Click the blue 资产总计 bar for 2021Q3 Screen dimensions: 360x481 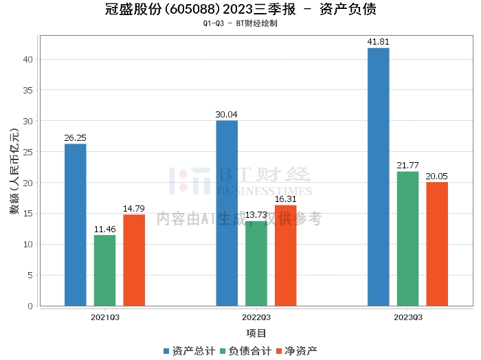click(x=76, y=225)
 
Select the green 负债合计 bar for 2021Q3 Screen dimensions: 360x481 click(x=104, y=270)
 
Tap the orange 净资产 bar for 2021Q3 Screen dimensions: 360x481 click(x=134, y=260)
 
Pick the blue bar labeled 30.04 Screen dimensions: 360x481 click(x=227, y=213)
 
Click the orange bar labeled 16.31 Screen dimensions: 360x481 click(x=286, y=255)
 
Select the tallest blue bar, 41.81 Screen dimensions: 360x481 click(x=378, y=177)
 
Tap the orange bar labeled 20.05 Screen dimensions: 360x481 click(x=437, y=244)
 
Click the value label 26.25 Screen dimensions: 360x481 click(x=76, y=137)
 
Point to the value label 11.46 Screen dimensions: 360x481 click(x=104, y=229)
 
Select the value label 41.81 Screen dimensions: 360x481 click(x=378, y=42)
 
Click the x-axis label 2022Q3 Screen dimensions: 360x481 click(x=256, y=317)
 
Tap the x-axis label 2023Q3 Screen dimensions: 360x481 click(x=407, y=317)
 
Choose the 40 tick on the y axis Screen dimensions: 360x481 click(x=28, y=59)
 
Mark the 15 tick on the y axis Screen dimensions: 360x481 click(x=28, y=214)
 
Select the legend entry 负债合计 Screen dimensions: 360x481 click(x=245, y=351)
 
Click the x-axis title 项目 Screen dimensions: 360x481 click(x=256, y=333)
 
